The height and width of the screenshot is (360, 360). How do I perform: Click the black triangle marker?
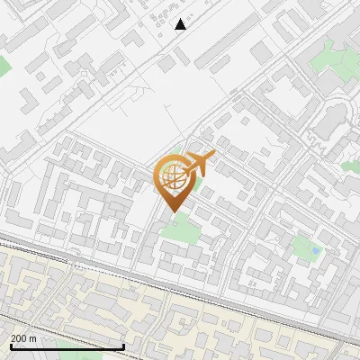[x=181, y=24]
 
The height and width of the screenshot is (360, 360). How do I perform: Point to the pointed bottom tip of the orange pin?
[x=172, y=211]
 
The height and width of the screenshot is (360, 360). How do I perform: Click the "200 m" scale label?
[x=23, y=338]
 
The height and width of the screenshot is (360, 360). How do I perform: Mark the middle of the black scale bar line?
[x=67, y=346]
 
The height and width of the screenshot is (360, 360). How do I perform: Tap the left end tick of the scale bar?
[x=10, y=345]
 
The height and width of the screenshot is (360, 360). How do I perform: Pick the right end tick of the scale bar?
[x=123, y=345]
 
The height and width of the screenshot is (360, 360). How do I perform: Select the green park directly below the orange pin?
[x=180, y=229]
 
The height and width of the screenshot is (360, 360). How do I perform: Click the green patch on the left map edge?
[x=4, y=66]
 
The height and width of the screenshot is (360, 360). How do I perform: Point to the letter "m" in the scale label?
[x=34, y=338]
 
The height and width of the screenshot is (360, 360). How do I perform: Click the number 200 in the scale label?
[x=19, y=338]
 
